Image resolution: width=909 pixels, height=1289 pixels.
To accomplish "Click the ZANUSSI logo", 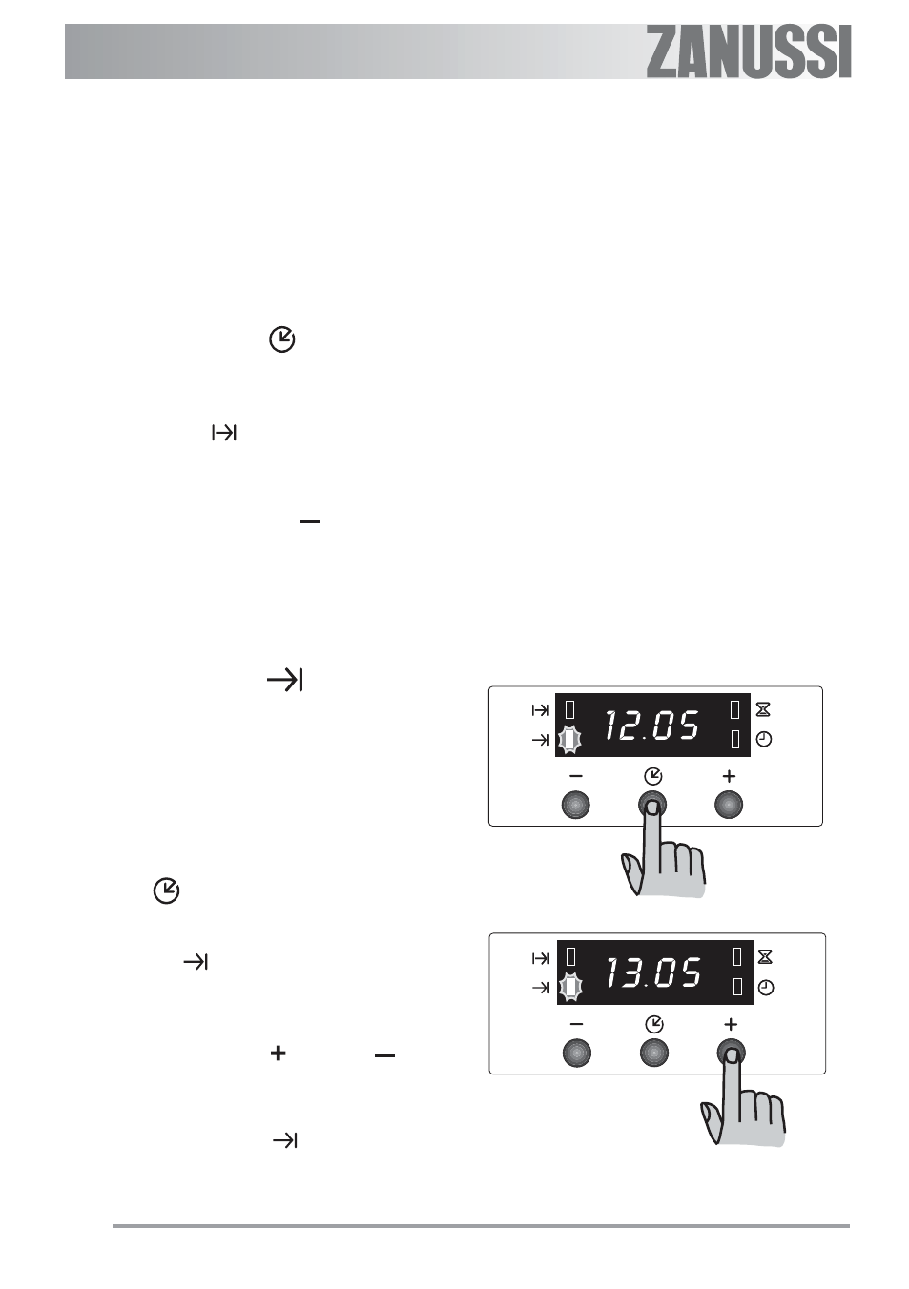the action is click(748, 51).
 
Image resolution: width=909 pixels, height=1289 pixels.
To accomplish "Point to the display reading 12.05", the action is click(652, 725).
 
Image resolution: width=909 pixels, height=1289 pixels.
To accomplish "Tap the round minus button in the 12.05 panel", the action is click(576, 805).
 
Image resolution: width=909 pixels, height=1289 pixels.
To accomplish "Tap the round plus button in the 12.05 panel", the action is click(729, 805).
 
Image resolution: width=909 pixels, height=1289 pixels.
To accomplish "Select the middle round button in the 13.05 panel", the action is click(654, 1054).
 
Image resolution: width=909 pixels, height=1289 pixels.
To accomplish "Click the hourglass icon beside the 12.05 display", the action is click(763, 710).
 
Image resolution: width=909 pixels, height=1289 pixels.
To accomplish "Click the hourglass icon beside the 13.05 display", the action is click(765, 957).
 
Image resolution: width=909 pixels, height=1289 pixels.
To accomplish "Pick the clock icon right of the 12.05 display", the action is click(764, 740).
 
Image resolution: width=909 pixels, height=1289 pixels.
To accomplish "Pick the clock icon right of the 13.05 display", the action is click(766, 988).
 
